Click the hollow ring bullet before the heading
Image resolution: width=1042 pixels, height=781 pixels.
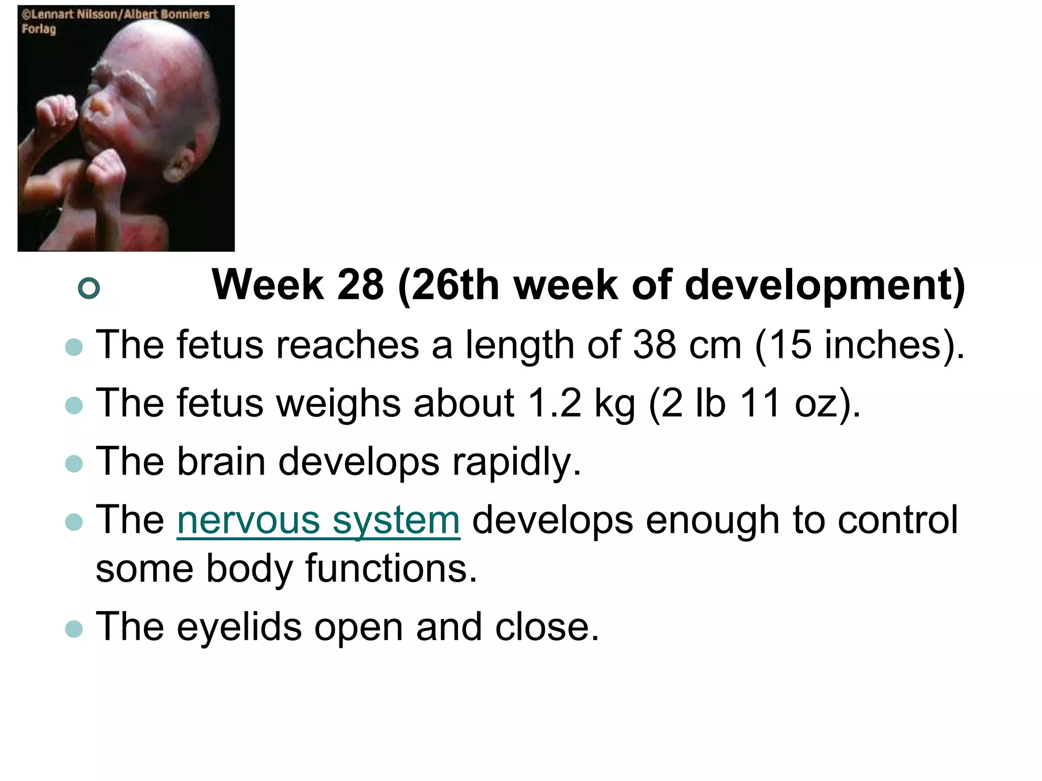[89, 288]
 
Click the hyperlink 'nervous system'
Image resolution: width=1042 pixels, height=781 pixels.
[319, 521]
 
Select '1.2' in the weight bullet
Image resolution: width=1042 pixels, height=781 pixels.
[554, 403]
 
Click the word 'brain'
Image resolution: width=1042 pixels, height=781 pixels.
[221, 462]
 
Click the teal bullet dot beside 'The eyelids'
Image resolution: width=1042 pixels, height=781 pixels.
[74, 629]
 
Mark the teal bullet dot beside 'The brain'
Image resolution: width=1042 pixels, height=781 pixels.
[74, 463]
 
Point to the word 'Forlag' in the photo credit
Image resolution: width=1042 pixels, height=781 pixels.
[39, 29]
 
